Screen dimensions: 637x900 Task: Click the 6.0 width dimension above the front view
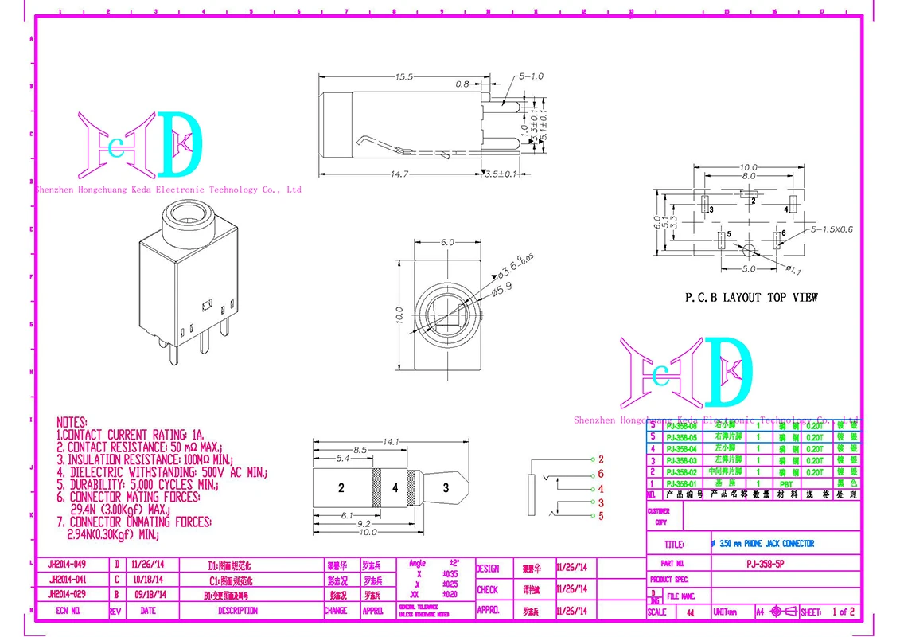(x=446, y=243)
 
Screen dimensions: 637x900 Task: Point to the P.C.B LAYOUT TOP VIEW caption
(x=751, y=298)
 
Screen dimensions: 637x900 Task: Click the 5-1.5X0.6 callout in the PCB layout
(x=832, y=229)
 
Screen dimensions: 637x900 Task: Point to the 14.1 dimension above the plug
(x=392, y=441)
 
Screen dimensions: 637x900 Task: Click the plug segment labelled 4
(x=394, y=488)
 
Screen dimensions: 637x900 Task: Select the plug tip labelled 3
(x=446, y=488)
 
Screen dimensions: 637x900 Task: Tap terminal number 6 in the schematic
(x=601, y=475)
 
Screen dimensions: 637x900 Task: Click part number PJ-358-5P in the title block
(x=753, y=563)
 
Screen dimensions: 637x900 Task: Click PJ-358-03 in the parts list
(x=681, y=460)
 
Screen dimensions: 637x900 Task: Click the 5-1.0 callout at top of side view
(x=531, y=76)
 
